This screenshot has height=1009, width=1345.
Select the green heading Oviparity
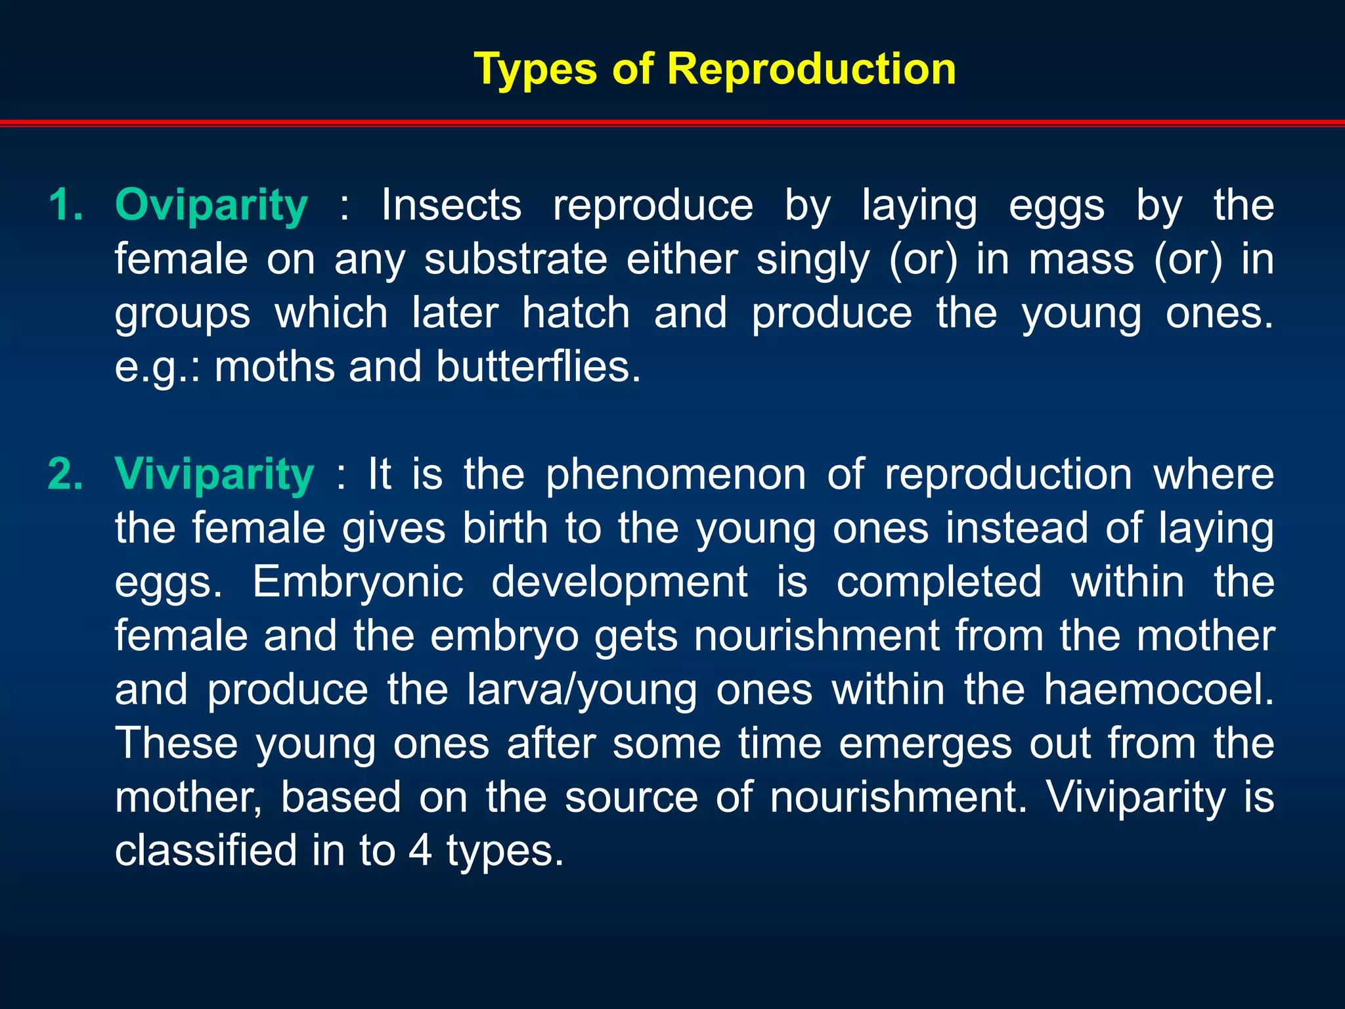[x=211, y=206]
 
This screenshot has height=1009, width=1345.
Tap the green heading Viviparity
[x=214, y=474]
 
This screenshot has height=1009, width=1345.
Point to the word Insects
[x=451, y=206]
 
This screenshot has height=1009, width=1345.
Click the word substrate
[x=516, y=259]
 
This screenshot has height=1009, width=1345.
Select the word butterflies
[x=538, y=367]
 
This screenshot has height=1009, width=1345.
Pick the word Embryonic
[x=358, y=582]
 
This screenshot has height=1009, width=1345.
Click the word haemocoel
[x=1158, y=690]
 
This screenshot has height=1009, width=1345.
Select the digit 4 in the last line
[x=420, y=851]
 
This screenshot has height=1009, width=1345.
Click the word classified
[x=206, y=851]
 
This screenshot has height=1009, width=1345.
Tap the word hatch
[x=576, y=313]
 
